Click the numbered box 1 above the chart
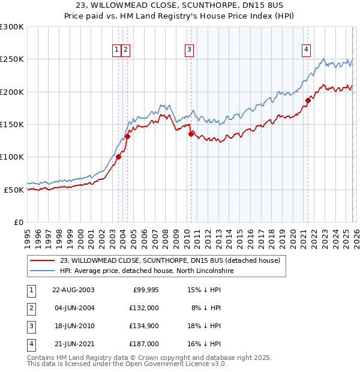click(x=116, y=50)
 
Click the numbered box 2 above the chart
click(x=127, y=50)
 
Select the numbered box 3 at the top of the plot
click(x=189, y=50)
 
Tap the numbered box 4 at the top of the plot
click(x=306, y=50)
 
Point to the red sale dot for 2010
click(x=191, y=134)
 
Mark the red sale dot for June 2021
click(x=308, y=100)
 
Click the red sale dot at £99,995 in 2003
click(x=119, y=157)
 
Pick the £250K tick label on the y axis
click(x=12, y=59)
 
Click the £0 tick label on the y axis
click(x=18, y=222)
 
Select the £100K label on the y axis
click(x=12, y=157)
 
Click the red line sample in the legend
click(x=43, y=260)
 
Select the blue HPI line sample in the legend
click(x=43, y=271)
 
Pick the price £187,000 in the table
click(x=144, y=344)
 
